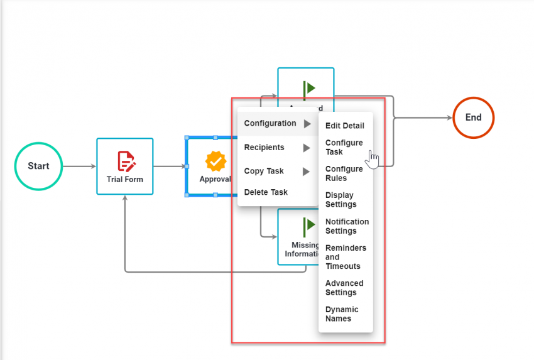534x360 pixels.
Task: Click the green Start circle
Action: point(38,166)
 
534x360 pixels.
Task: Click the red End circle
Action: point(473,117)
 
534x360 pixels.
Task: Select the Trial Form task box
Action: point(124,166)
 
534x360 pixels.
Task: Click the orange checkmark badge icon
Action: point(215,161)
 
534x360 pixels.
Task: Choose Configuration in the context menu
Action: point(270,124)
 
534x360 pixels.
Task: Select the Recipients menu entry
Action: point(264,148)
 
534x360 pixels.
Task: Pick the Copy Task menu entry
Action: point(264,172)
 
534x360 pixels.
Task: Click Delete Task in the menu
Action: point(266,192)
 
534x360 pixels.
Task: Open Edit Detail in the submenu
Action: point(344,126)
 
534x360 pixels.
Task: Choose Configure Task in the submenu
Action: point(344,148)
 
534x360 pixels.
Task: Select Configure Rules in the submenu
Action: point(344,173)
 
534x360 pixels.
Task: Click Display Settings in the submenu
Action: point(341,200)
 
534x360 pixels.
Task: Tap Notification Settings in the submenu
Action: point(347,226)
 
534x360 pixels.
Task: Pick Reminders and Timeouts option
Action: point(346,257)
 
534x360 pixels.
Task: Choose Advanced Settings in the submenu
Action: point(344,288)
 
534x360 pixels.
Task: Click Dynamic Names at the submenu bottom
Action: point(342,314)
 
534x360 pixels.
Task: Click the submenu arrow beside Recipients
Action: point(307,148)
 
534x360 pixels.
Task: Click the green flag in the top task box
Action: point(308,88)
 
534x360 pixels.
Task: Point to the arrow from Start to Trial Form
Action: point(79,166)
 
